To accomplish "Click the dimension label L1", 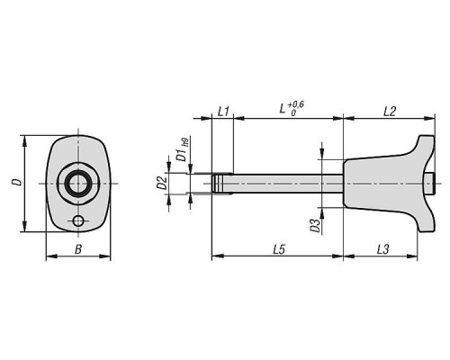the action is (x=223, y=112).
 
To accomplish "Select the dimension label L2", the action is (x=390, y=112).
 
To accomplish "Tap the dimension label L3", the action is (x=382, y=249).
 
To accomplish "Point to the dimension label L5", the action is (x=279, y=249).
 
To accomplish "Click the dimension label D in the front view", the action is (x=17, y=182).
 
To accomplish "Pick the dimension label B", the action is (x=78, y=249).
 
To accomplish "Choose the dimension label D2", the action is (x=162, y=183).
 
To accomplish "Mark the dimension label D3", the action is (x=315, y=226).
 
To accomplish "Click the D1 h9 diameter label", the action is (x=183, y=149).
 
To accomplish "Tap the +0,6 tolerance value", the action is (x=296, y=104).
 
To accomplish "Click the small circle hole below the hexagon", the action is (x=78, y=221).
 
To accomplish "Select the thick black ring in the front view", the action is (x=78, y=184).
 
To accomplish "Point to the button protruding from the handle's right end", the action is (x=429, y=184).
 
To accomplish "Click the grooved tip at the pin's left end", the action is (x=218, y=184).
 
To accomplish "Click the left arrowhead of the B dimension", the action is (x=51, y=256).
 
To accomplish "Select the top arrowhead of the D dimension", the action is (x=24, y=140).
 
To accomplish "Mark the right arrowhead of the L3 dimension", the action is (x=412, y=256).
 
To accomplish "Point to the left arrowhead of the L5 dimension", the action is (x=218, y=256).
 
